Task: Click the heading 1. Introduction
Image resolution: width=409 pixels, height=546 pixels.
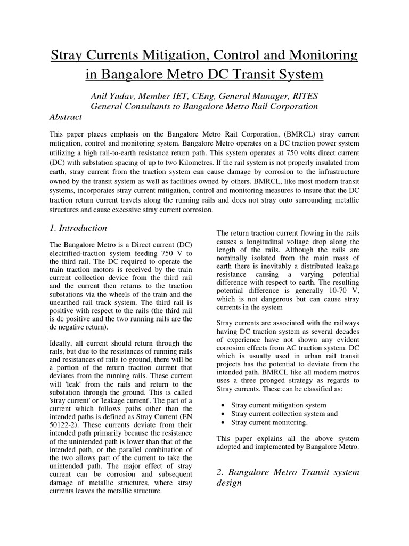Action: (78, 228)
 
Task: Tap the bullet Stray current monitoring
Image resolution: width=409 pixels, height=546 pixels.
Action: (269, 422)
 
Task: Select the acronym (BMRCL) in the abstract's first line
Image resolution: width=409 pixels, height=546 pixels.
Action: (258, 134)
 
